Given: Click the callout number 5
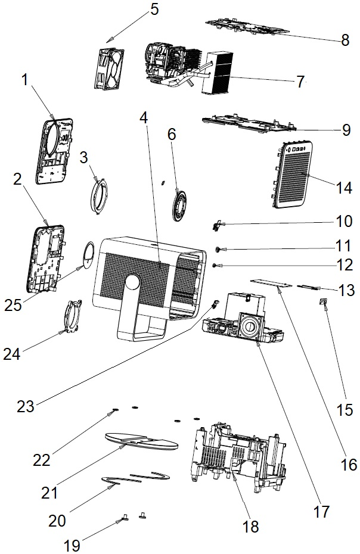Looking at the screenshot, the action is (x=154, y=10).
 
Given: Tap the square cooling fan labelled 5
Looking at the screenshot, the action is (x=109, y=69).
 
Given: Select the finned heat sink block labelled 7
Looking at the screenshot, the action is (x=217, y=73).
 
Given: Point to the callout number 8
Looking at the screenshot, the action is (x=345, y=41).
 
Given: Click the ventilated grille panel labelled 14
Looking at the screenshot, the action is (x=293, y=175).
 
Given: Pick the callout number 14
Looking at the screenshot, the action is (x=344, y=188).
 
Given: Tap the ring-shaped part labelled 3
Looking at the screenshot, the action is (x=99, y=197).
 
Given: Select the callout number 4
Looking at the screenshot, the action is (x=143, y=118).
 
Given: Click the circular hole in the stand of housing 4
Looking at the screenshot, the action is (x=132, y=283).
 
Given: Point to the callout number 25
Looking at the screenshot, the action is (x=13, y=305).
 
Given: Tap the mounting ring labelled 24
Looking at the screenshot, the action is (x=73, y=316).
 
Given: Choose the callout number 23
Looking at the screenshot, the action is (x=26, y=406).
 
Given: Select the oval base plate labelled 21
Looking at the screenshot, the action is (x=141, y=441).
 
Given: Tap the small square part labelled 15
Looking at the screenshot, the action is (x=323, y=301).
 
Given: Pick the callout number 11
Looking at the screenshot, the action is (x=343, y=245).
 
